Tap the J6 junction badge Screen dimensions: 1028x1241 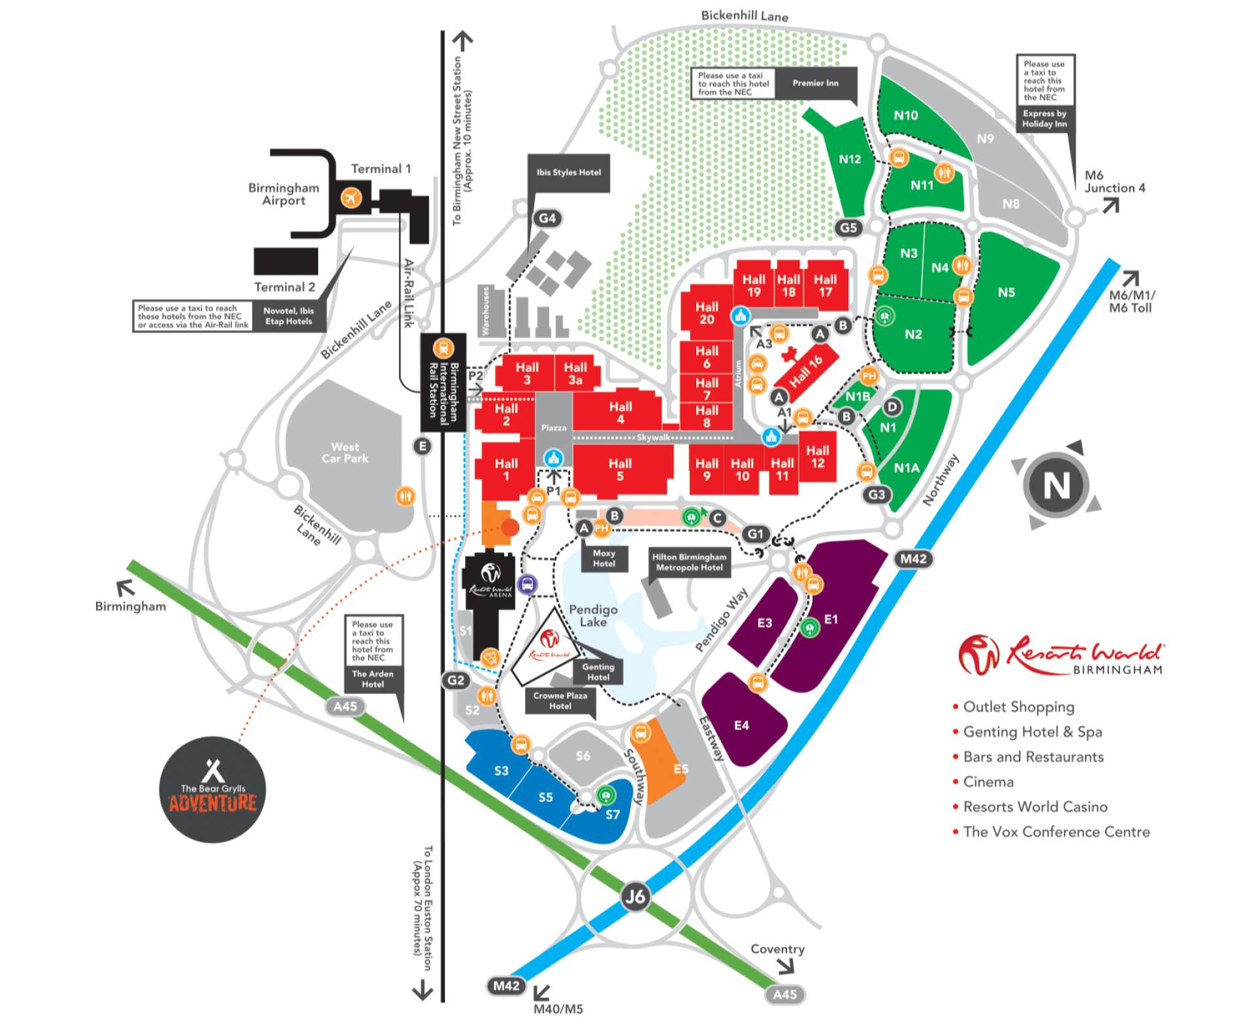pos(635,895)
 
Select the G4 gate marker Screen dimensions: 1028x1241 pos(547,218)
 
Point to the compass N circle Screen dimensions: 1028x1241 pos(1056,485)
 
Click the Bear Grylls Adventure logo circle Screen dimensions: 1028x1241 pos(212,789)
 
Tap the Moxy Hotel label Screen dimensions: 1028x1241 pos(604,558)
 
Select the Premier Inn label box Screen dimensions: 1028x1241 pos(815,83)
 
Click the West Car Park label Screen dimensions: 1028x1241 pos(345,452)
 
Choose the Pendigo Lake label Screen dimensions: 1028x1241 pos(592,616)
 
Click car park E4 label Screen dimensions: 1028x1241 pos(741,725)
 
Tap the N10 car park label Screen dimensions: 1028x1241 pos(905,115)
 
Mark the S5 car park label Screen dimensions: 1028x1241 pos(545,797)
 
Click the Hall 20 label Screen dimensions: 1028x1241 pos(706,313)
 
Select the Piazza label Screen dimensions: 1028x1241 pos(553,427)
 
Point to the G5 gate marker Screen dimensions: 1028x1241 pos(848,227)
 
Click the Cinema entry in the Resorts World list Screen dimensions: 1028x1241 pos(988,782)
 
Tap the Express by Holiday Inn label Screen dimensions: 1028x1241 pos(1044,118)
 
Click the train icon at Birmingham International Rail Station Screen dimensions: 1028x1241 pos(443,348)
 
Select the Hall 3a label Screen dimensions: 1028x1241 pos(575,373)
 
